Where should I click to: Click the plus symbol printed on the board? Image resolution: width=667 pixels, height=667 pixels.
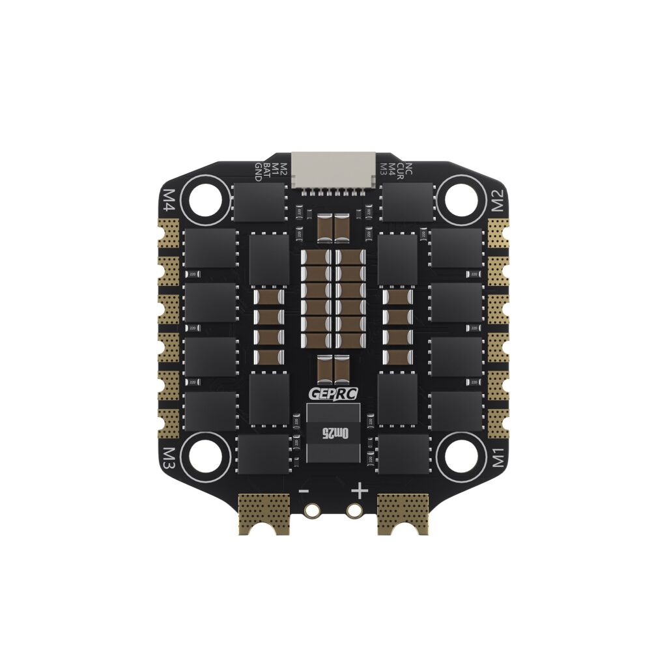(x=360, y=490)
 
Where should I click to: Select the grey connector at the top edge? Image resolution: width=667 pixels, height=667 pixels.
(x=333, y=171)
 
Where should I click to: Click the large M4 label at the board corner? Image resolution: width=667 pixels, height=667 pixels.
(x=169, y=201)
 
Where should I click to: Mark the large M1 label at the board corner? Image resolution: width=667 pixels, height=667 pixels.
(x=498, y=457)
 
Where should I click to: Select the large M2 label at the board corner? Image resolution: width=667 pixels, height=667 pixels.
(x=498, y=202)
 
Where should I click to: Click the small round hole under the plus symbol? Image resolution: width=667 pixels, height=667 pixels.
(x=354, y=511)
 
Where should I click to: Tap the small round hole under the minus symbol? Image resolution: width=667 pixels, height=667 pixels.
(x=313, y=511)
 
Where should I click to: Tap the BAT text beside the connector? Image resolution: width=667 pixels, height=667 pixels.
(x=266, y=171)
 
